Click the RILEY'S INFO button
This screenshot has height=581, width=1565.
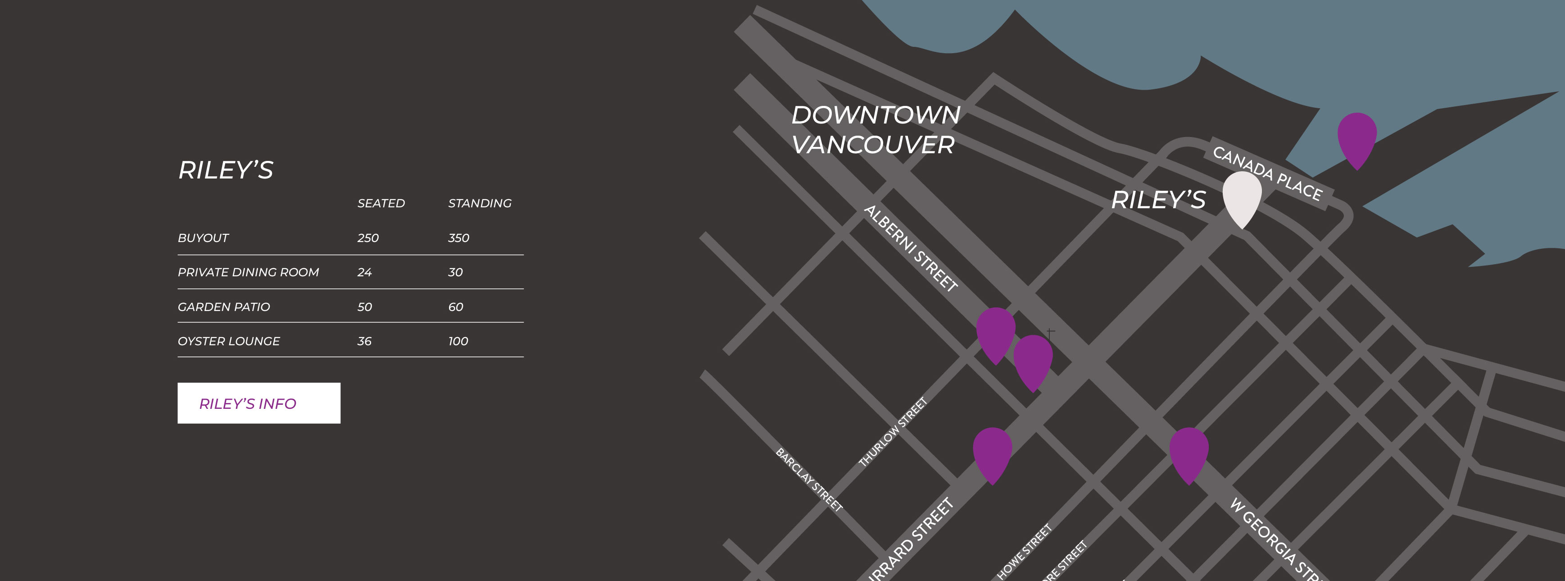pyautogui.click(x=259, y=403)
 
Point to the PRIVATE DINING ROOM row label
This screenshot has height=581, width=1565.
pyautogui.click(x=248, y=272)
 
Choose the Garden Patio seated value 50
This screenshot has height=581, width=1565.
pyautogui.click(x=364, y=307)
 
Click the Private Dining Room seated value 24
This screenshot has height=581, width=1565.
pyautogui.click(x=364, y=272)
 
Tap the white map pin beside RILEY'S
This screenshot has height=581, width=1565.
pyautogui.click(x=1242, y=196)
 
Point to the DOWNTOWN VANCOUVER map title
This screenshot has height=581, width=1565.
pyautogui.click(x=875, y=129)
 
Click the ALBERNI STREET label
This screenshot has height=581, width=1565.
pyautogui.click(x=911, y=248)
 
